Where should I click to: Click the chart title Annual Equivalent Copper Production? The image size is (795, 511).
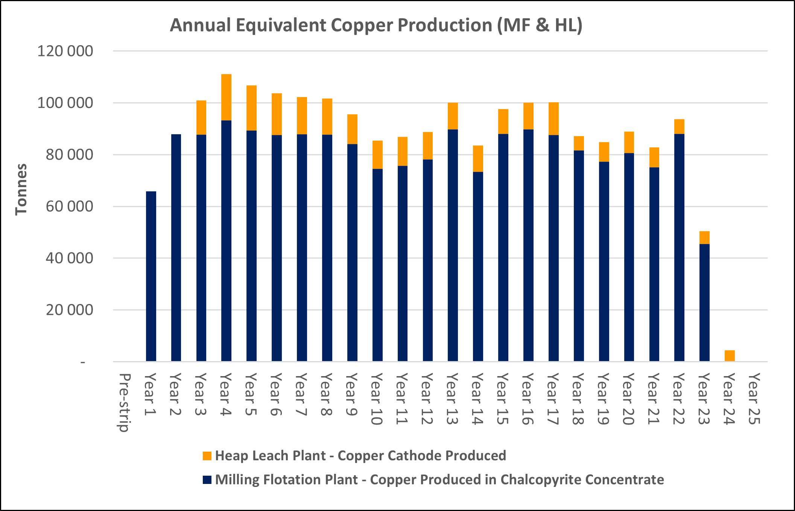[x=376, y=26]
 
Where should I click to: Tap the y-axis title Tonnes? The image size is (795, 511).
[x=21, y=189]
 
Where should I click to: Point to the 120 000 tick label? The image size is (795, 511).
[x=65, y=51]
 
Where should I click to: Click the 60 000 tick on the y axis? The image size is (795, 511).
[x=69, y=206]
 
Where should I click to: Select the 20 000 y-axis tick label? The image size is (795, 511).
[x=69, y=310]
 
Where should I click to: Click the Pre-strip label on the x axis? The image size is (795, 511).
[x=124, y=402]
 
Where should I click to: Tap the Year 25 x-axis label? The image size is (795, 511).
[x=754, y=398]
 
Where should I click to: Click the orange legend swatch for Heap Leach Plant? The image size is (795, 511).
[x=207, y=456]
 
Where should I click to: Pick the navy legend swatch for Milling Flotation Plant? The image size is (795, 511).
[x=207, y=480]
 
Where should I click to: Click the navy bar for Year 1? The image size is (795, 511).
[x=151, y=276]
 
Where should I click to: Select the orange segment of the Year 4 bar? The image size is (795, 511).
[x=226, y=97]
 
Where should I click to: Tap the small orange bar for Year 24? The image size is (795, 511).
[x=730, y=356]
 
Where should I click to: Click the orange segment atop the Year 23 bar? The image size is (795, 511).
[x=704, y=237]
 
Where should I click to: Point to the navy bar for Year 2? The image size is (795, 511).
[x=176, y=248]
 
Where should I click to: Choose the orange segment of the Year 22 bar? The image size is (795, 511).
[x=679, y=127]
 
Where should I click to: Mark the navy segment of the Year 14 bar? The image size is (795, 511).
[x=478, y=267]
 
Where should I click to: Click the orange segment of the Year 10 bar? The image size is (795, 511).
[x=377, y=155]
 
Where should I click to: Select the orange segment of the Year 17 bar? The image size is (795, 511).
[x=553, y=119]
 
